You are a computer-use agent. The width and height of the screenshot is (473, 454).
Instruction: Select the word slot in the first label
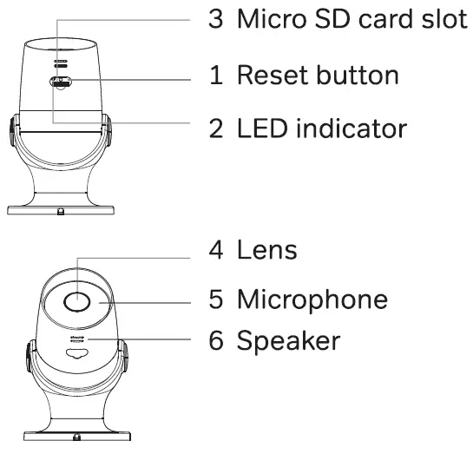(x=440, y=21)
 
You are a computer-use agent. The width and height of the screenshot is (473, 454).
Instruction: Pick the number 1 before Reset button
(x=216, y=75)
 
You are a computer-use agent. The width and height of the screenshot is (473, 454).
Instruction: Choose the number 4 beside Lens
(x=216, y=251)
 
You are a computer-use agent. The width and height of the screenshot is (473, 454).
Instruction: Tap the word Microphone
(x=312, y=299)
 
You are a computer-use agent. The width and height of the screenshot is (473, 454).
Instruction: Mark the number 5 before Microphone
(x=216, y=299)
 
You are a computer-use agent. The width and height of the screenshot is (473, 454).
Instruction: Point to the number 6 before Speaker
(x=216, y=341)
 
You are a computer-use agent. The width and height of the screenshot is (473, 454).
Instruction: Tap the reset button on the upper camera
(x=60, y=83)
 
